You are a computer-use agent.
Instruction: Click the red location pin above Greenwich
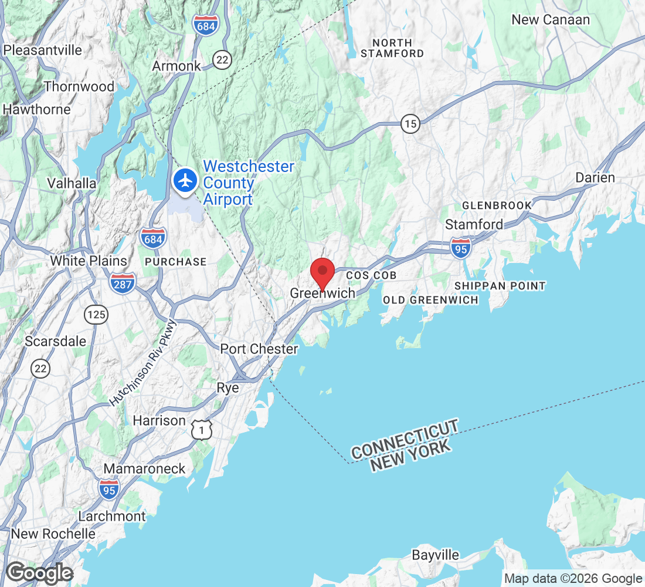point(322,272)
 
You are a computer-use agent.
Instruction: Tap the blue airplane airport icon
point(186,180)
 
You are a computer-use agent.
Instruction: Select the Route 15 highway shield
point(410,124)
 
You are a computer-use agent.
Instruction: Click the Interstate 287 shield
point(122,284)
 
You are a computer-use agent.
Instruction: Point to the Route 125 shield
point(96,315)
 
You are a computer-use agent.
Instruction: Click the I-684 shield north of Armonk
point(206,26)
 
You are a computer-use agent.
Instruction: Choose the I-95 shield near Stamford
point(461,248)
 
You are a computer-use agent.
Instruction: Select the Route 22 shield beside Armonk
point(222,59)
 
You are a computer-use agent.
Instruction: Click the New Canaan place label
point(551,20)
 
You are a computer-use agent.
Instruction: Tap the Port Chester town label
point(259,349)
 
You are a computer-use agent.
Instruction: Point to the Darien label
point(595,178)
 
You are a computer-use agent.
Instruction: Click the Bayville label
point(435,555)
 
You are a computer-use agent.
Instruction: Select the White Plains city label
point(88,261)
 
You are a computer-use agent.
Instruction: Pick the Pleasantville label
point(43,50)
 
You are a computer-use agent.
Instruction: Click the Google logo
point(40,573)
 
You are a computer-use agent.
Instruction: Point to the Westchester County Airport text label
point(249,183)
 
